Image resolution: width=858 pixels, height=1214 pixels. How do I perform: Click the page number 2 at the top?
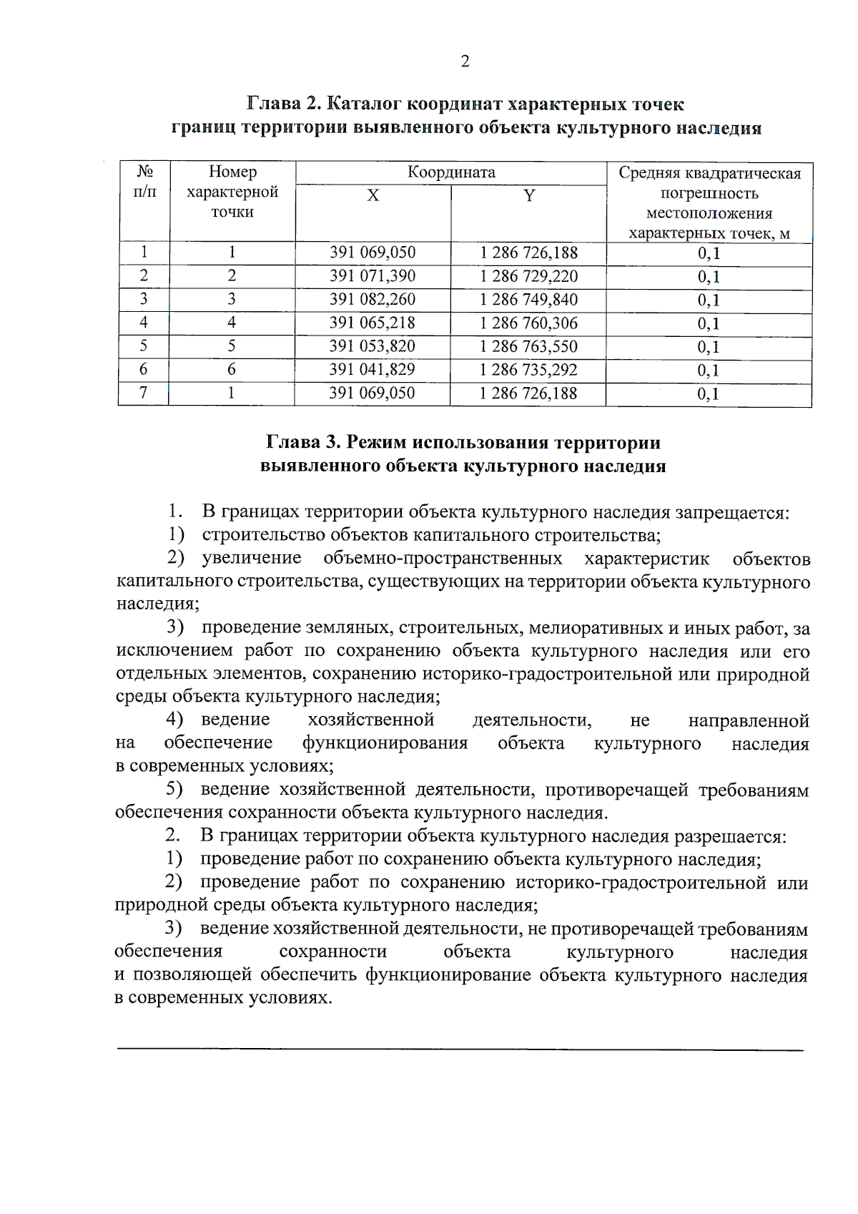click(x=465, y=62)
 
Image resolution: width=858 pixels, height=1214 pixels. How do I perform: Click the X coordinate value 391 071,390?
click(x=373, y=276)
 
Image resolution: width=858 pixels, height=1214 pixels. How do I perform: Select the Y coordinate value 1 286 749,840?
click(x=528, y=300)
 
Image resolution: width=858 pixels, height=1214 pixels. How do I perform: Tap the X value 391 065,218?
click(x=372, y=323)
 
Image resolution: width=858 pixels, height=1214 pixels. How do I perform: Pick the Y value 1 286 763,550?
click(x=528, y=346)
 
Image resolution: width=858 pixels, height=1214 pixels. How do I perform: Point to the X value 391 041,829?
click(x=372, y=370)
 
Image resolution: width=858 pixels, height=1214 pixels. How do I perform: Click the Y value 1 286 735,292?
click(x=528, y=370)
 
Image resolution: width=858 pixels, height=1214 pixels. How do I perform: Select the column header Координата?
click(x=451, y=172)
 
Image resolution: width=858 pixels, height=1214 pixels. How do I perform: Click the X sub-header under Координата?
click(x=373, y=196)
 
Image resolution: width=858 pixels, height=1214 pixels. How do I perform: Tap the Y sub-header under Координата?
click(x=528, y=196)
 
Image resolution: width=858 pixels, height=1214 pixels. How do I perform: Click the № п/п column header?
click(x=144, y=182)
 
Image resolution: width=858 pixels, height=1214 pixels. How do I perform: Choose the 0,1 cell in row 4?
click(x=709, y=323)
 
